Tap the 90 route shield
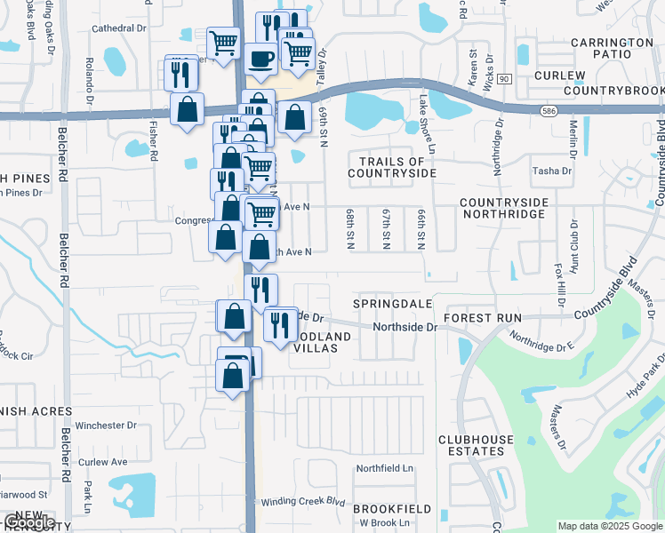coord(504,80)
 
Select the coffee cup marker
coord(260,59)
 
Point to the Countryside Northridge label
coord(503,209)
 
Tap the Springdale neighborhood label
coord(392,304)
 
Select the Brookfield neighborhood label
coord(392,509)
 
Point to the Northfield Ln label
coord(385,468)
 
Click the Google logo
coord(28,522)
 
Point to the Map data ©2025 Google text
coord(609,526)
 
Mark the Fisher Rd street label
coord(154,140)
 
